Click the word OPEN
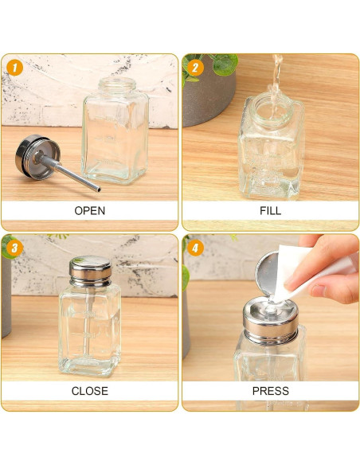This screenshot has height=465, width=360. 89,211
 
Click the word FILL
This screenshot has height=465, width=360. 270,211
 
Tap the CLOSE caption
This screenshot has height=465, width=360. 89,391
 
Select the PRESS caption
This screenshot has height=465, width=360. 270,391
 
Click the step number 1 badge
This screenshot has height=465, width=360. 14,68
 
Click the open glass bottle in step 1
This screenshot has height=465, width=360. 117,143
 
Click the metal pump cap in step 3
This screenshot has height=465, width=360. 90,271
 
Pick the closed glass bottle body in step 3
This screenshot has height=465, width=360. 90,330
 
